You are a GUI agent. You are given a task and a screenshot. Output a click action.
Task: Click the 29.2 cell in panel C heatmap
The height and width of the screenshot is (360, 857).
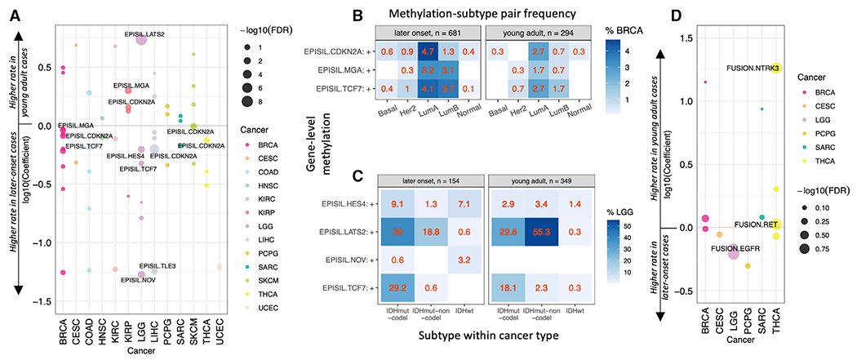click(x=397, y=288)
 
